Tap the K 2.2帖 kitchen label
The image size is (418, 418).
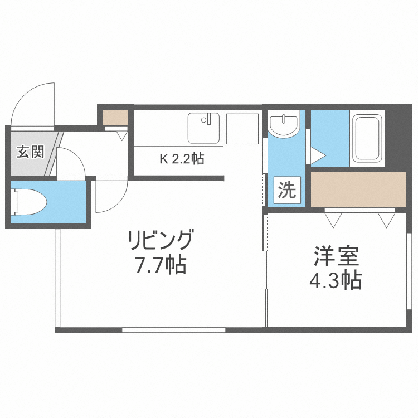click(x=182, y=159)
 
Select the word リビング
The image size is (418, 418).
click(x=161, y=241)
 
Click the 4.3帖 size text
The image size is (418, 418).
click(x=335, y=280)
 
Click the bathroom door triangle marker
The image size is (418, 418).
click(x=317, y=155)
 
